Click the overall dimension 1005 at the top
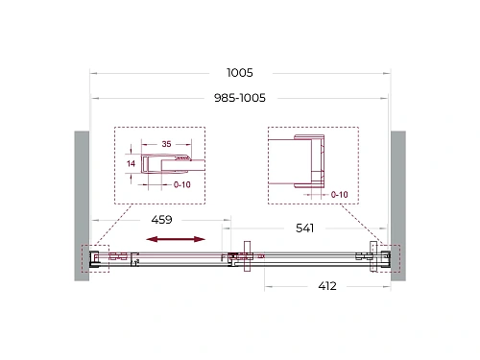[x=240, y=72]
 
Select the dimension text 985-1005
[x=239, y=97]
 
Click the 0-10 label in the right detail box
[x=338, y=195]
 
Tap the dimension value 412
[x=326, y=286]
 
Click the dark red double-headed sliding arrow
[x=176, y=239]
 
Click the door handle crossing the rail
[x=248, y=257]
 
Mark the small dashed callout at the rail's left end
[x=98, y=257]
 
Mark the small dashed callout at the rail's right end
[x=380, y=257]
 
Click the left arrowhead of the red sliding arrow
[x=150, y=239]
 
